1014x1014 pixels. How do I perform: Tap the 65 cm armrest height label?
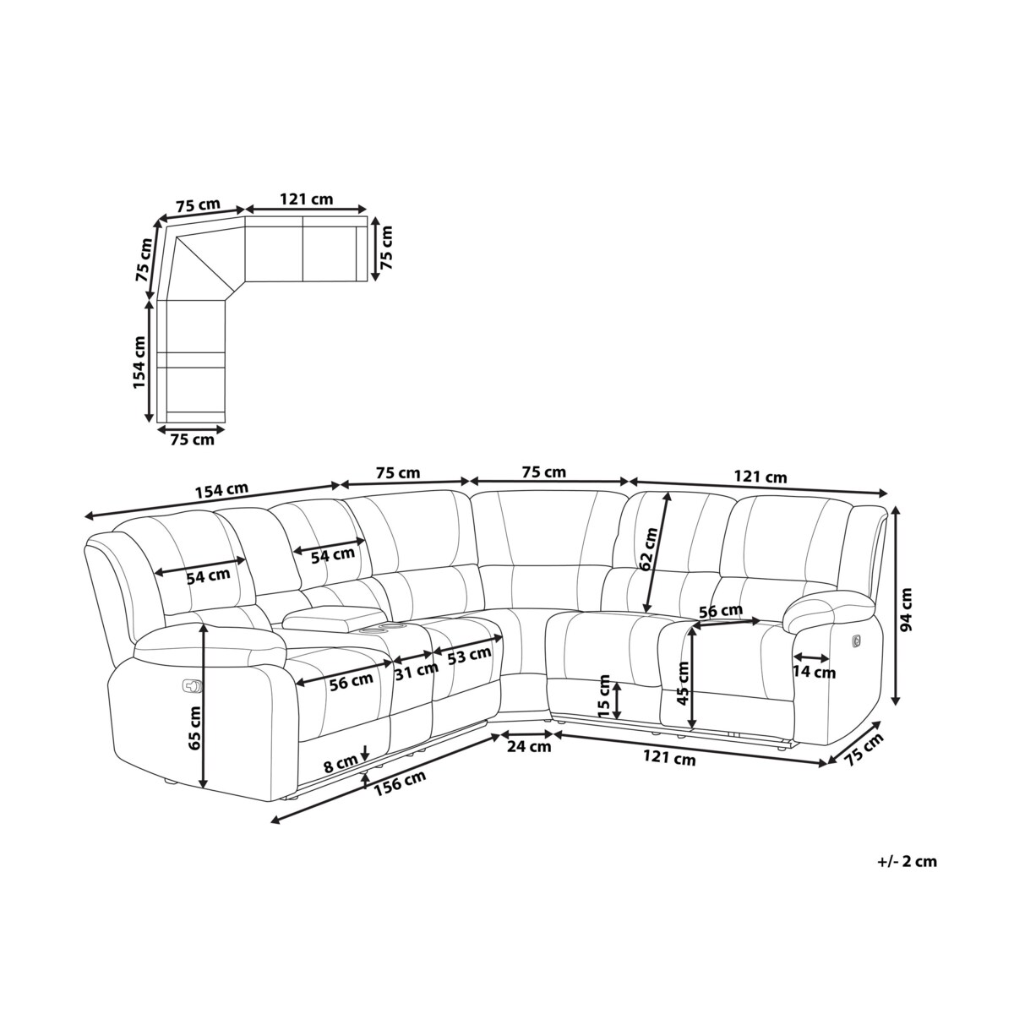pyautogui.click(x=194, y=728)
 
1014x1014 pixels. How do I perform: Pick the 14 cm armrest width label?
pyautogui.click(x=814, y=672)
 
